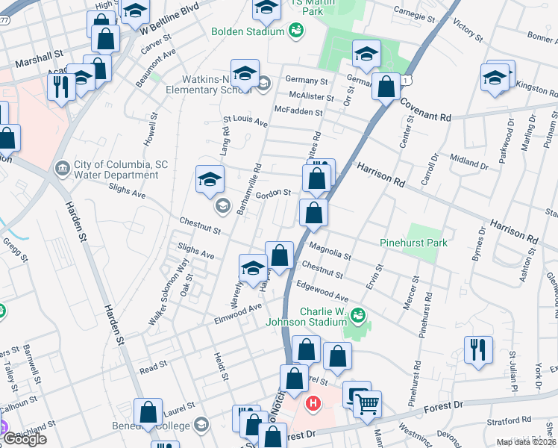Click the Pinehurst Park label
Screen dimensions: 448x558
coord(413,243)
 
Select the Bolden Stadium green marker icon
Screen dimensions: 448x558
coord(296,31)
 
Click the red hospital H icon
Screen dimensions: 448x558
coord(313,405)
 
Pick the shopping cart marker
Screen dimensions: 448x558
coord(366,405)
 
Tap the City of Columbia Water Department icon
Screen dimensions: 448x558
coord(62,169)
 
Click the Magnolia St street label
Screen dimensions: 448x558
coord(329,248)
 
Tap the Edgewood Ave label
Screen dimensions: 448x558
coord(322,291)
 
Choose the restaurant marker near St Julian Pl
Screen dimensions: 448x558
coord(477,349)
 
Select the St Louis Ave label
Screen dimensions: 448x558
coord(245,120)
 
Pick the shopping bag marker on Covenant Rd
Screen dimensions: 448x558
coord(386,86)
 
